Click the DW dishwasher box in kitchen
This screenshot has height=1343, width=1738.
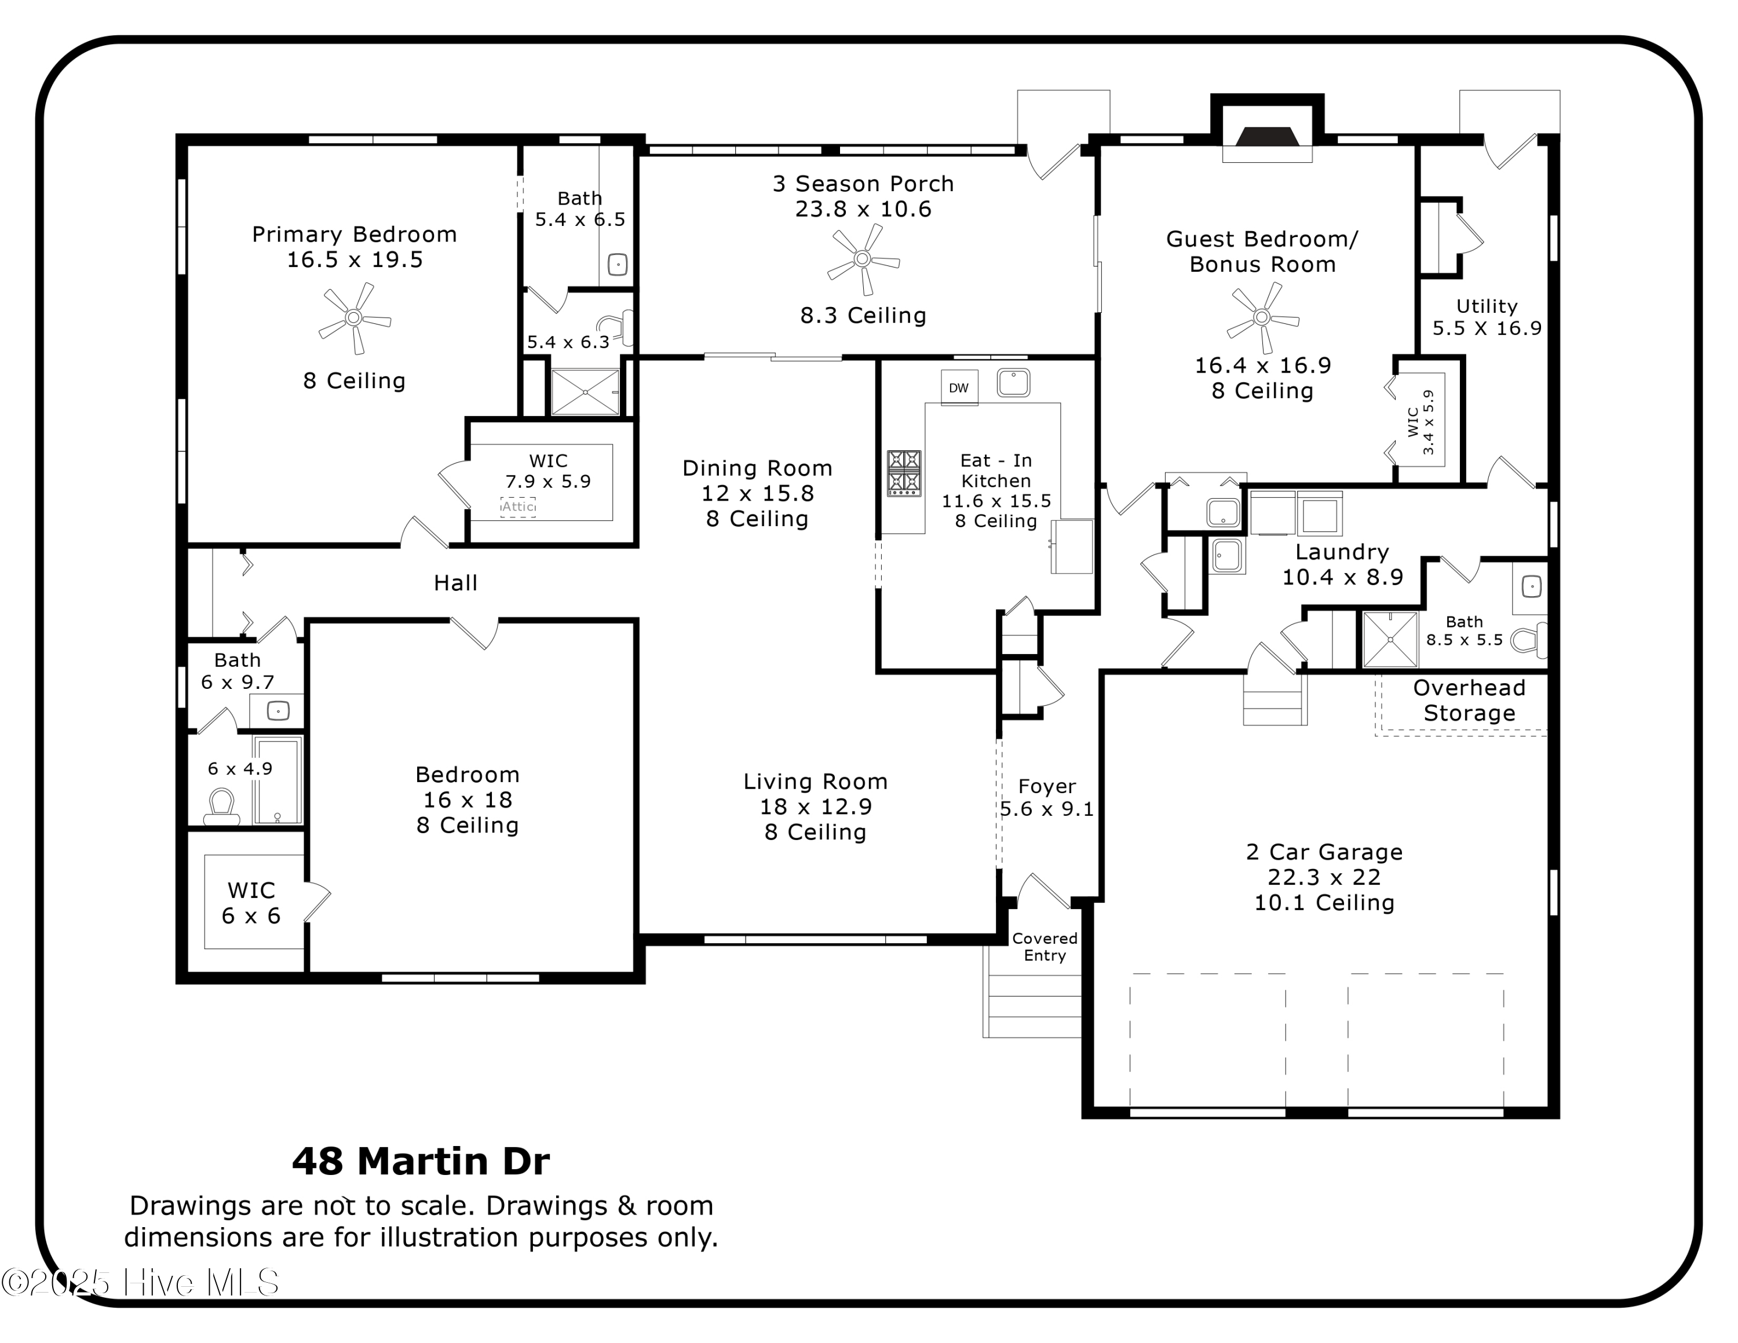(959, 388)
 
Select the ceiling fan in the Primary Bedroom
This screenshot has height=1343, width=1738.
(354, 318)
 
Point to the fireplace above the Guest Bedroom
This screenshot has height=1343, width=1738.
(1267, 137)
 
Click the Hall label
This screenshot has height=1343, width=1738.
(455, 583)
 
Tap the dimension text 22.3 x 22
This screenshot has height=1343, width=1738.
(1324, 877)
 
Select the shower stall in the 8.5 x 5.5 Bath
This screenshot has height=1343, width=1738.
(1389, 640)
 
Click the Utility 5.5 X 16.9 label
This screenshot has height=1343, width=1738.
(1487, 317)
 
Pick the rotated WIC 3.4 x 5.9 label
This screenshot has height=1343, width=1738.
(1421, 422)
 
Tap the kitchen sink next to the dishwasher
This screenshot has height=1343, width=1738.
(1013, 383)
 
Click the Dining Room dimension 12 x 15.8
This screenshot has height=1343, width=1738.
(757, 493)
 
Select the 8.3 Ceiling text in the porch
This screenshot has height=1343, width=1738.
(863, 316)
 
